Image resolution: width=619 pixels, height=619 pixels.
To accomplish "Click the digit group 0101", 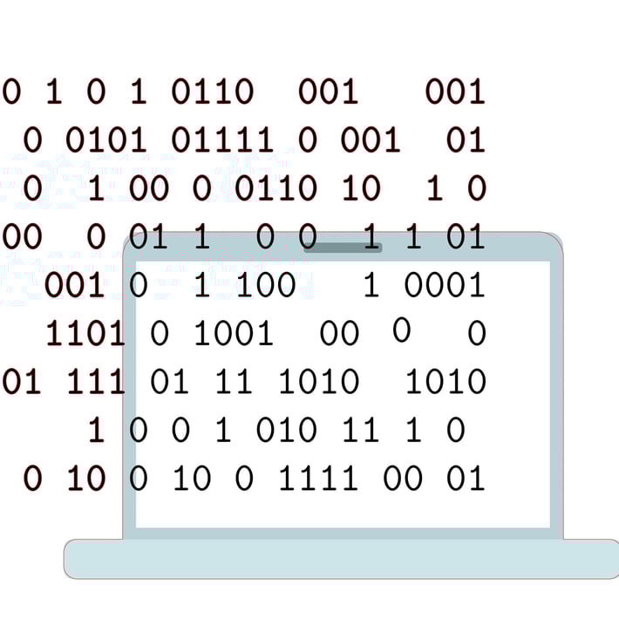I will (x=106, y=139).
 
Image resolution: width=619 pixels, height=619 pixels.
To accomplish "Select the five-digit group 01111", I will (x=222, y=139).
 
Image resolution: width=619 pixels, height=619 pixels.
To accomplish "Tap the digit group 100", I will (x=266, y=285).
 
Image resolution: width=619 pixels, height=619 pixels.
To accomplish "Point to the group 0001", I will (x=445, y=285).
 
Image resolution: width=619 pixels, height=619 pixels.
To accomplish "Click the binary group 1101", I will (x=85, y=333).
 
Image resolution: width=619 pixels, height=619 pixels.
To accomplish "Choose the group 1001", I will (x=234, y=333).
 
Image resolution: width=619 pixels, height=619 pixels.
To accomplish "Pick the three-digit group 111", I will (x=96, y=382).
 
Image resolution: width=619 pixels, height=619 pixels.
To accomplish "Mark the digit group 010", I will (x=287, y=430).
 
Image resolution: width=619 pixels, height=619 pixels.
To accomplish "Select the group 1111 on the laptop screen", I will (x=318, y=478).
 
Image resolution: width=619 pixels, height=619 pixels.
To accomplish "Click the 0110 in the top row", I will (x=213, y=92).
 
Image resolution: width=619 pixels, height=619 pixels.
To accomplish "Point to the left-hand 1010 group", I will (x=318, y=382).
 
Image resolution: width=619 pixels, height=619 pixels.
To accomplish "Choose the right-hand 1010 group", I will (x=446, y=382).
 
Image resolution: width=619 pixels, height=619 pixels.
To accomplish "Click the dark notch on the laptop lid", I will (x=343, y=248).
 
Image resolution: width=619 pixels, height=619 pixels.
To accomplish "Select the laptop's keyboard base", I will (x=341, y=559).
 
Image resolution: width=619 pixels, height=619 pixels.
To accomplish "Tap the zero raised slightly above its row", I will (x=401, y=330).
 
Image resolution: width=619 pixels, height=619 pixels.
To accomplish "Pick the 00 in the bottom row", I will (x=403, y=478).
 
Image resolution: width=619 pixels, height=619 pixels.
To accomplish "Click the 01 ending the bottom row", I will (x=466, y=478).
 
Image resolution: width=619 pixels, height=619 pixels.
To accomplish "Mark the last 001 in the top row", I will (x=455, y=92).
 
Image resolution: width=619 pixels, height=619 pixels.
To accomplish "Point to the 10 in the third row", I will (x=362, y=188).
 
